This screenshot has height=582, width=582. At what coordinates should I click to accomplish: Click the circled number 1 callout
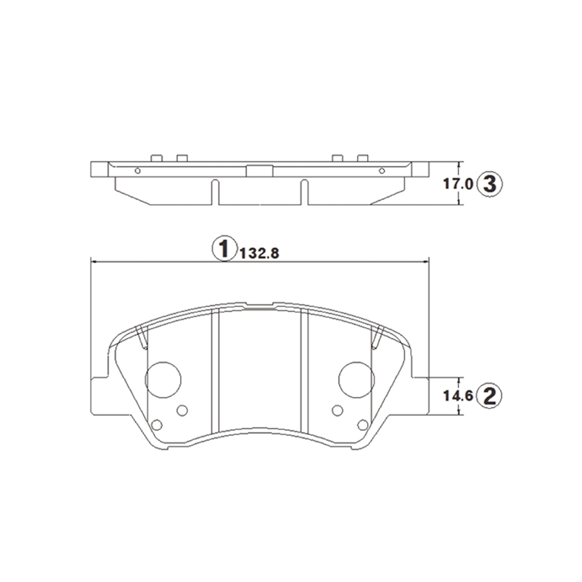[224, 249]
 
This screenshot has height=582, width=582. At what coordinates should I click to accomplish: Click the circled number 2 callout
[489, 396]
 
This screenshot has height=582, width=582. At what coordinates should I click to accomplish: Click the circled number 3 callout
[489, 184]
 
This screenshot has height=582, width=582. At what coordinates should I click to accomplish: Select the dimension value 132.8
[260, 254]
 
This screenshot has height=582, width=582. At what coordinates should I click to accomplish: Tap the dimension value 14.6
[458, 396]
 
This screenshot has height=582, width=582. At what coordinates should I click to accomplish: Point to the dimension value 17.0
[458, 184]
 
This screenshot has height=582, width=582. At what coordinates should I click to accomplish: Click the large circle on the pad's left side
[163, 379]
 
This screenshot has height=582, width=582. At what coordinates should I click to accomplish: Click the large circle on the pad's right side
[356, 379]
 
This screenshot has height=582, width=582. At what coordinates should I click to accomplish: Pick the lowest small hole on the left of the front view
[157, 425]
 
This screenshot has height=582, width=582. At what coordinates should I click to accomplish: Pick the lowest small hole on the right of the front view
[363, 425]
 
